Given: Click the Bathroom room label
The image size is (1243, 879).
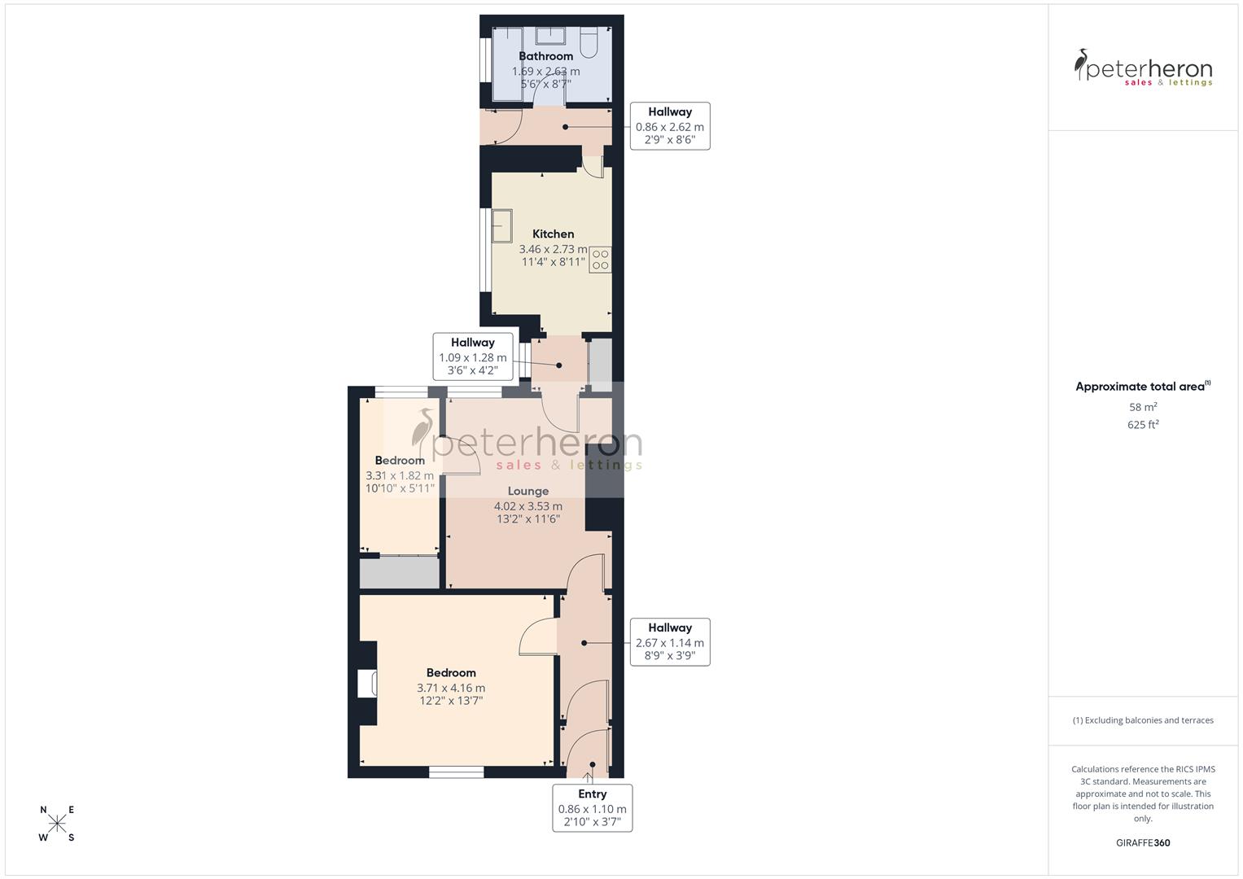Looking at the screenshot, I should [545, 56].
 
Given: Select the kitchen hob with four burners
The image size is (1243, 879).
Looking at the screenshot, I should [600, 260].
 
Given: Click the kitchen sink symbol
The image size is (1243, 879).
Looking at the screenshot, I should [501, 225].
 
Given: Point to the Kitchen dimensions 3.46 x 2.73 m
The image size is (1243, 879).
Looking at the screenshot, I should [552, 250].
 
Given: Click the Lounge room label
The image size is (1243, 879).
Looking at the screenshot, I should [527, 491].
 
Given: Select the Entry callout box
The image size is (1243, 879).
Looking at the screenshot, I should [592, 807].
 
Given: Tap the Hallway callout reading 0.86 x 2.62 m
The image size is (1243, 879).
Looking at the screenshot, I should [669, 126].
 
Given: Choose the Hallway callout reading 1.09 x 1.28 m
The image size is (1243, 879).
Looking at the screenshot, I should [472, 356].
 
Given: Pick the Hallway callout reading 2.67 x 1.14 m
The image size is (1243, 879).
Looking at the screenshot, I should [669, 642].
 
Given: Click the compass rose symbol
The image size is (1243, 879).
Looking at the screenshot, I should [57, 824].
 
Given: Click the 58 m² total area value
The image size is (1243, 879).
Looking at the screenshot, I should [1142, 407].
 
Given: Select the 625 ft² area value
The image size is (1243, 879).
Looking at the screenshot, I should [1142, 425].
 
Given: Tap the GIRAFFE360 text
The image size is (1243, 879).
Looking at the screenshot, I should [1142, 842].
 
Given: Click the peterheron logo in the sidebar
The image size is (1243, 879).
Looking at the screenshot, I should [1142, 67].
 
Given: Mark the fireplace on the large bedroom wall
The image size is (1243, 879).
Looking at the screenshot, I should [366, 684].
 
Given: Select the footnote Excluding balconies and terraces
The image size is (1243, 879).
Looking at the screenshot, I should [1142, 720].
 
